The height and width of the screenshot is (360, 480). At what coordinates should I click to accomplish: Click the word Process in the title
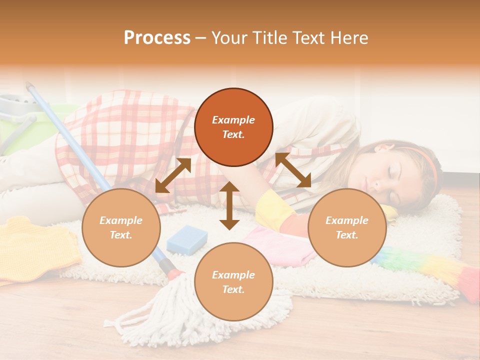(x=157, y=38)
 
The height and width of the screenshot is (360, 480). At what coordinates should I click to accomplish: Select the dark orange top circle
(x=233, y=127)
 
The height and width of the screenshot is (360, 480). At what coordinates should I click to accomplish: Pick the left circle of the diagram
(x=121, y=227)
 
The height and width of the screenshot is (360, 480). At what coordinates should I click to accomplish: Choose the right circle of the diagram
(x=347, y=227)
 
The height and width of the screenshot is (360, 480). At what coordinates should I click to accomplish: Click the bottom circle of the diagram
(x=233, y=282)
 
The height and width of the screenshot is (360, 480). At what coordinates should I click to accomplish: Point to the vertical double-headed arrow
(x=229, y=205)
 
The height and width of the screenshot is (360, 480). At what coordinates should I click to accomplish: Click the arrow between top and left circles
(x=173, y=175)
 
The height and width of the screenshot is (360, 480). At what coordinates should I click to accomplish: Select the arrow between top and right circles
(x=293, y=170)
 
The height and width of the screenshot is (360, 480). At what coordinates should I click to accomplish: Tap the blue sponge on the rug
(x=186, y=239)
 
